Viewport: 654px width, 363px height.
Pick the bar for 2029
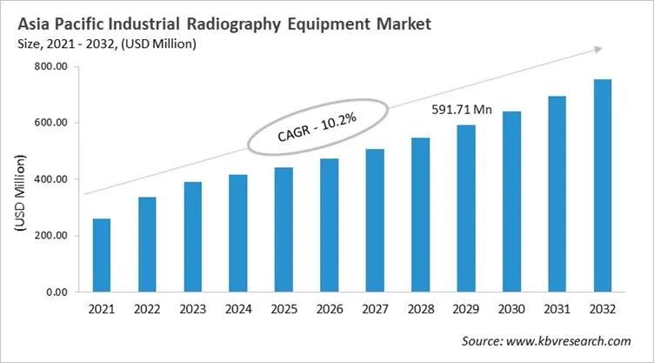466,209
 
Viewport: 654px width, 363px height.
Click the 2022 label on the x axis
147,310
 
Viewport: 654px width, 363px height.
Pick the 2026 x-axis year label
330,310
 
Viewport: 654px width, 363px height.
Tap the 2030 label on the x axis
511,310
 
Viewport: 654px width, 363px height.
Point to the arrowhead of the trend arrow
599,50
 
